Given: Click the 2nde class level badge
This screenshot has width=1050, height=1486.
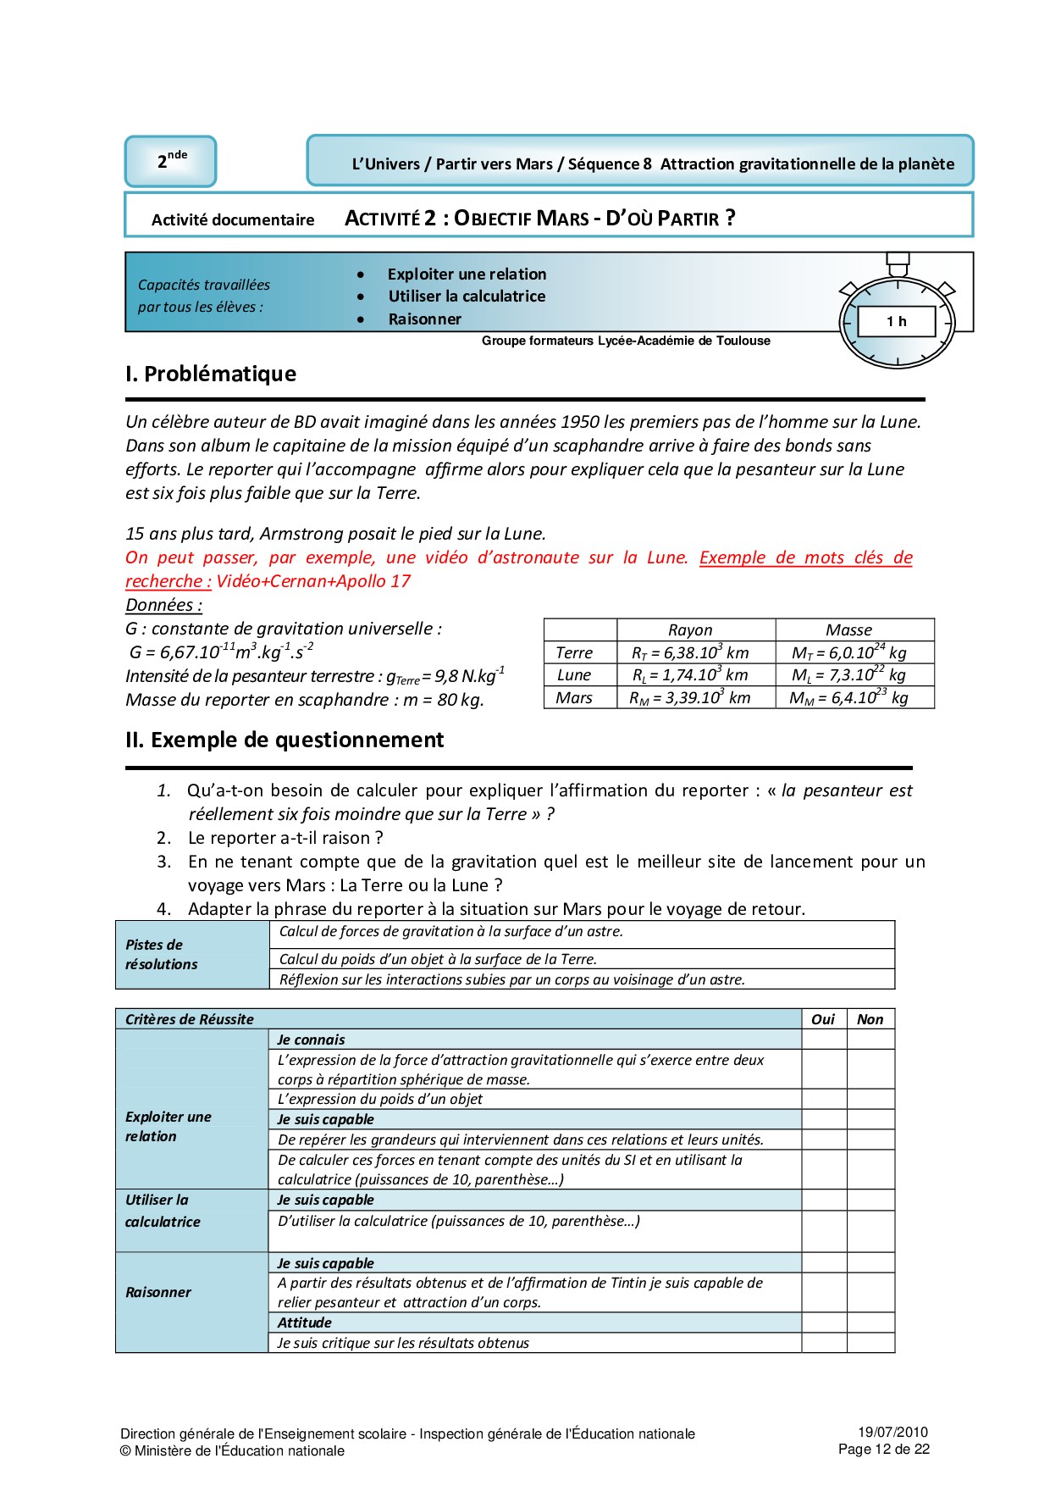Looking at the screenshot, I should click(171, 161).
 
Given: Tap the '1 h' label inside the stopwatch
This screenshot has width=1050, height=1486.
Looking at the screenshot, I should click(897, 321).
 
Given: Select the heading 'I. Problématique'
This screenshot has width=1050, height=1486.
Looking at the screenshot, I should click(211, 374).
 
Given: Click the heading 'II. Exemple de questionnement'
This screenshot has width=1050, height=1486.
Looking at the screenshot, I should click(285, 740).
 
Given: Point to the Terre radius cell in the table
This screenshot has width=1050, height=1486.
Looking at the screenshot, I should click(690, 652).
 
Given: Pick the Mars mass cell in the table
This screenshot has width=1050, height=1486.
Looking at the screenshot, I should click(848, 697).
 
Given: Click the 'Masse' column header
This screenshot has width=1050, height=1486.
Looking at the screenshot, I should click(848, 629).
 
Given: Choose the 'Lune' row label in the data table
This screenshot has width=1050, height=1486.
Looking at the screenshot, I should click(574, 675).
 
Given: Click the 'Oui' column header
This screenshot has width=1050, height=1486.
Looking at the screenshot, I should click(823, 1019).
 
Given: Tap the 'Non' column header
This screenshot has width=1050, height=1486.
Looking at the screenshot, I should click(870, 1019).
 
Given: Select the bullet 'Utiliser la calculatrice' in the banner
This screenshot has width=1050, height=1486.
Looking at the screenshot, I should click(467, 297).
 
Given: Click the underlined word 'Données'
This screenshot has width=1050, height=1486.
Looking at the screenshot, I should click(163, 605).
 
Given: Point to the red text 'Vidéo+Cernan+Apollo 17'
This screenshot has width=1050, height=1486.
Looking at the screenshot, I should click(313, 581).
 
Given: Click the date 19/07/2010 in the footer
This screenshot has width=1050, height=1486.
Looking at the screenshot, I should click(892, 1432).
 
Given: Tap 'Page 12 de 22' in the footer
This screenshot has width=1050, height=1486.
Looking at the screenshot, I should click(884, 1449).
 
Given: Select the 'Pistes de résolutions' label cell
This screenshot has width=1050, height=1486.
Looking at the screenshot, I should click(162, 955).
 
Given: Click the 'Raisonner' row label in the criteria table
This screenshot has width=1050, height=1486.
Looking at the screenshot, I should click(158, 1292).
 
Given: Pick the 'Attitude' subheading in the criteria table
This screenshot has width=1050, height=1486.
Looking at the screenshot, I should click(305, 1322).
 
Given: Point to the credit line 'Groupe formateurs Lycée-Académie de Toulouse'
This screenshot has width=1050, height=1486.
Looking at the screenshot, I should click(626, 341).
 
